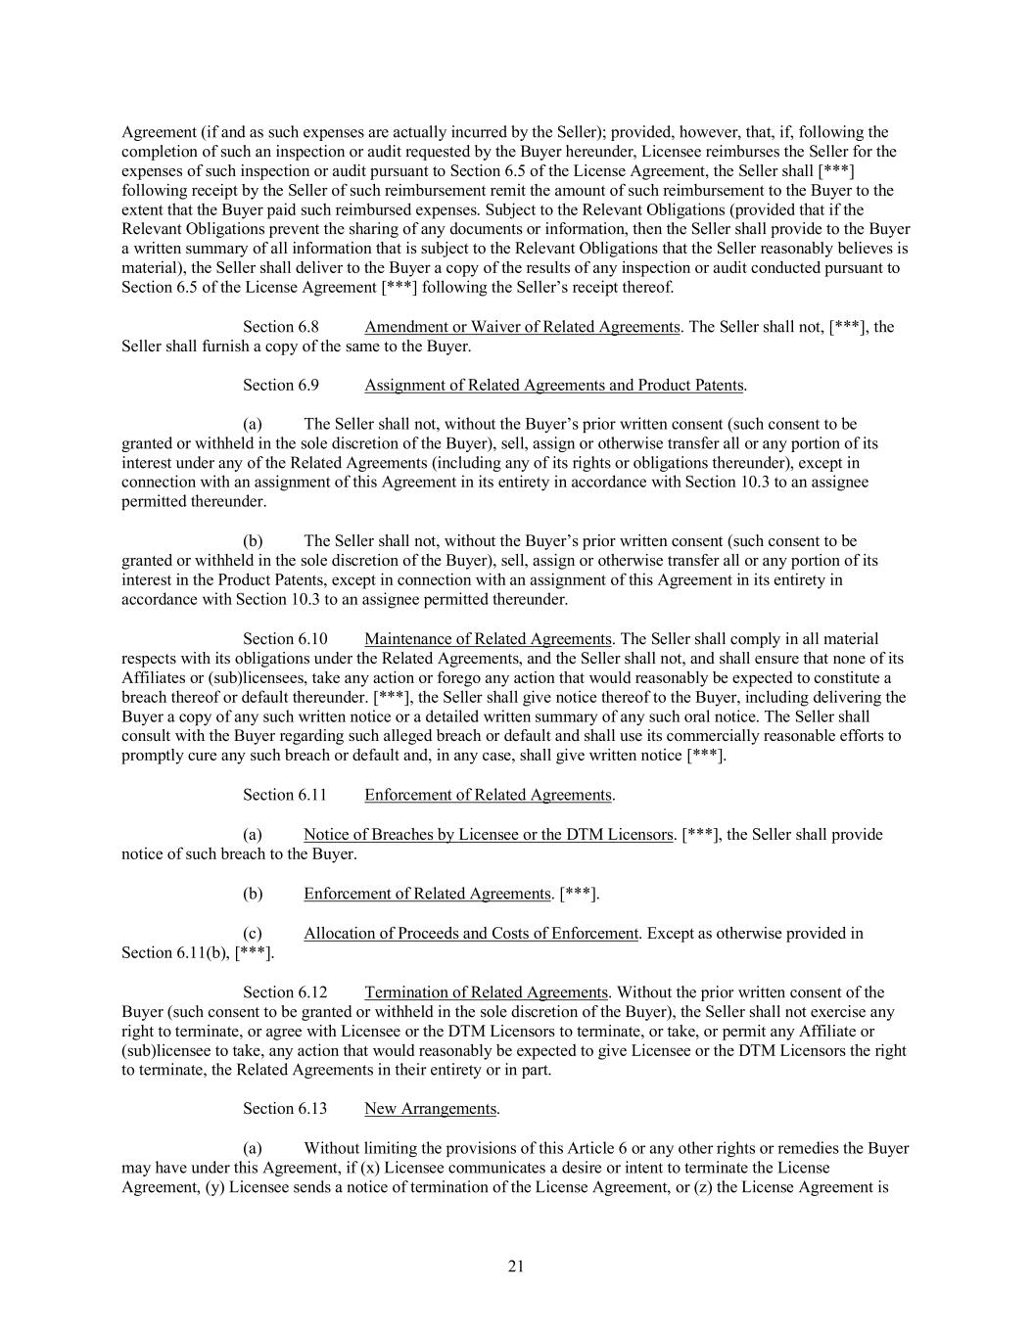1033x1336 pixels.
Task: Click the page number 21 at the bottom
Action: [x=516, y=1267]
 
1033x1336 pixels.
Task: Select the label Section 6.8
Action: [x=281, y=327]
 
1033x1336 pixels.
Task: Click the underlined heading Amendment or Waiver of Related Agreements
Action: [x=522, y=327]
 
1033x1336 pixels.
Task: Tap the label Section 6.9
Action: [x=281, y=386]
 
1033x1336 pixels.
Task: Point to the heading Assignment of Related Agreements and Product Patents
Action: [x=554, y=386]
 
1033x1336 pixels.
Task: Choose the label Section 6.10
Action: [x=285, y=639]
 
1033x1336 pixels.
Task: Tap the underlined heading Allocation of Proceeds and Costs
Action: [x=470, y=934]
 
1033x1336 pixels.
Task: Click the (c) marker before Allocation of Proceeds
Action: [x=253, y=934]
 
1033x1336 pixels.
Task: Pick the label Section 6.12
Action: [x=285, y=992]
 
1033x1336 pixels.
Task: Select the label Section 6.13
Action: [x=285, y=1109]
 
